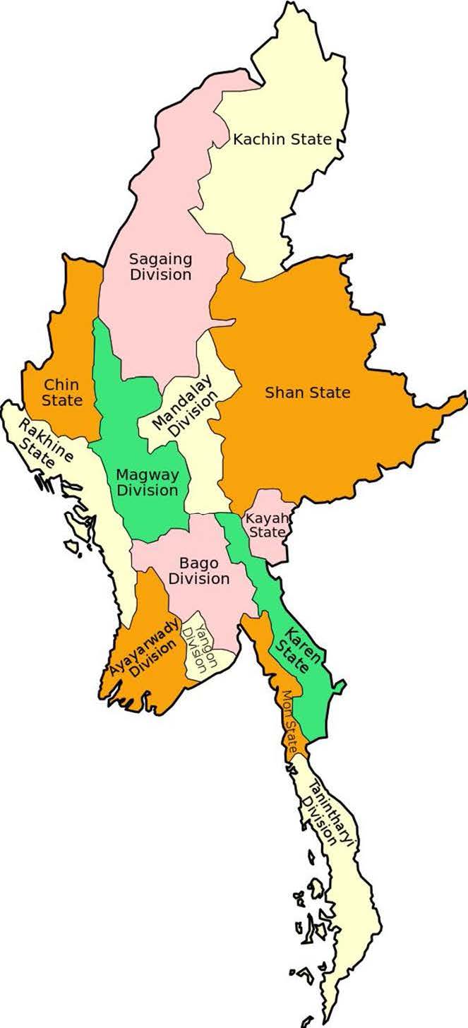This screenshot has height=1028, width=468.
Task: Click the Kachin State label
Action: [x=282, y=139]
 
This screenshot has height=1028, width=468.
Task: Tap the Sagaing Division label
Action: [x=160, y=266]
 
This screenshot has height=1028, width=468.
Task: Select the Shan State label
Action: [x=307, y=392]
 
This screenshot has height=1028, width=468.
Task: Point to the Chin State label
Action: [x=62, y=393]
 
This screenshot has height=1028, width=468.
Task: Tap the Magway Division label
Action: [x=147, y=482]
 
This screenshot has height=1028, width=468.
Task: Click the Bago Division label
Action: [x=204, y=570]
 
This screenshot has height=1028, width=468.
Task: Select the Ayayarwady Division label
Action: [x=145, y=646]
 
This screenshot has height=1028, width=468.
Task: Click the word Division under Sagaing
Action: [x=160, y=275]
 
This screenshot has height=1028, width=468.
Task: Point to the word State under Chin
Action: [x=62, y=400]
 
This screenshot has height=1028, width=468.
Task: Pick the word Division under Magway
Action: [x=147, y=490]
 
